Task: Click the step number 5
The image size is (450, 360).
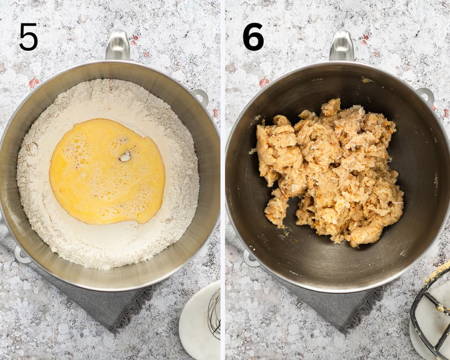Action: pyautogui.click(x=28, y=37)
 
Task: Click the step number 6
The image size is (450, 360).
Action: pyautogui.click(x=253, y=37)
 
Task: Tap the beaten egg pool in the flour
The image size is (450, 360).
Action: pyautogui.click(x=107, y=171)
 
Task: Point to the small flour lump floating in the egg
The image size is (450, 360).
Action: pyautogui.click(x=125, y=157)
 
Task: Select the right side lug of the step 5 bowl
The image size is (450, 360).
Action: pyautogui.click(x=201, y=96)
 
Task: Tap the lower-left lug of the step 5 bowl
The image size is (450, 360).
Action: pyautogui.click(x=21, y=255)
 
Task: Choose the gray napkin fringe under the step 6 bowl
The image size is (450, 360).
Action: pyautogui.click(x=363, y=309)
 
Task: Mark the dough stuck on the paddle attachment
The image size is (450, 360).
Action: pyautogui.click(x=438, y=275)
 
